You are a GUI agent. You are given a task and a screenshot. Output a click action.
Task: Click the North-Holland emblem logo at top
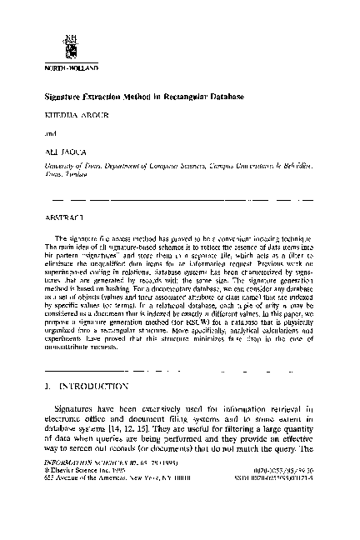pyautogui.click(x=59, y=44)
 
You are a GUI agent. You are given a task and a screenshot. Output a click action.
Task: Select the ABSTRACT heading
pyautogui.click(x=58, y=215)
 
